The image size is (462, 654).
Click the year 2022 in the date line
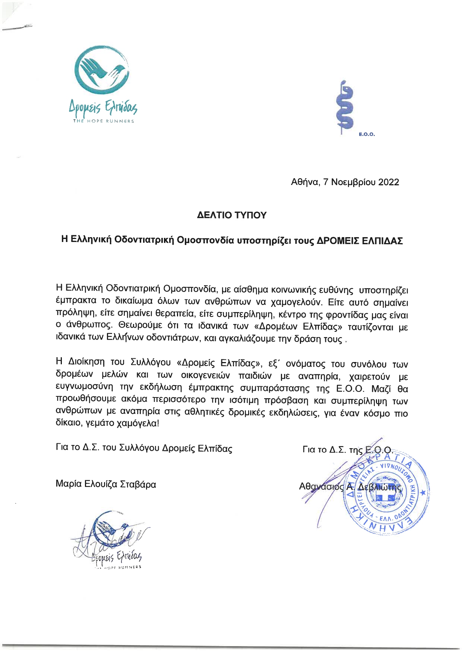click(x=389, y=182)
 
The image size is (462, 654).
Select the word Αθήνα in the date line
click(x=304, y=182)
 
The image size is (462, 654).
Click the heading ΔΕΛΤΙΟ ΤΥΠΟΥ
click(x=232, y=215)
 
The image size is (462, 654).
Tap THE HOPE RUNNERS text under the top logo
click(x=103, y=121)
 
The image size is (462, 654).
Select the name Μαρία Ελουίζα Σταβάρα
click(x=106, y=484)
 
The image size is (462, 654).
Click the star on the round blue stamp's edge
click(x=423, y=493)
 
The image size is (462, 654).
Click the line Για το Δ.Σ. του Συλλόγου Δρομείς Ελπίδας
click(x=144, y=448)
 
